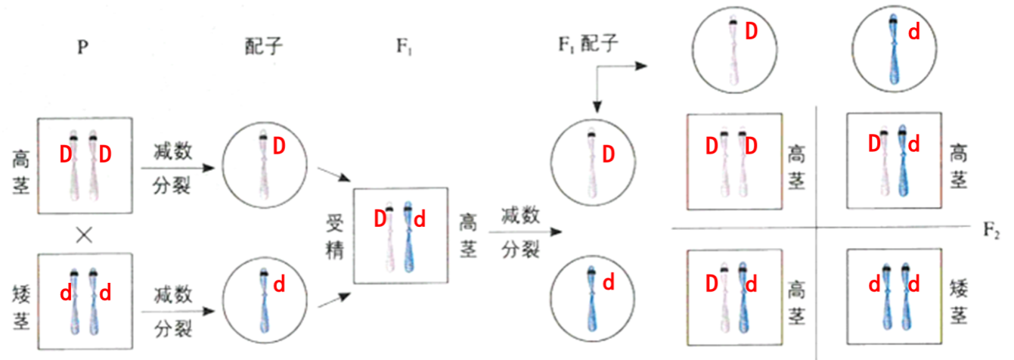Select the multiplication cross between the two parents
click(x=84, y=234)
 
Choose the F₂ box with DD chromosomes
click(x=733, y=161)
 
